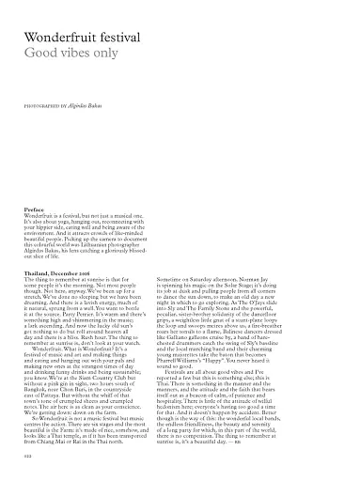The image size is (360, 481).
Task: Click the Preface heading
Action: (35, 209)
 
